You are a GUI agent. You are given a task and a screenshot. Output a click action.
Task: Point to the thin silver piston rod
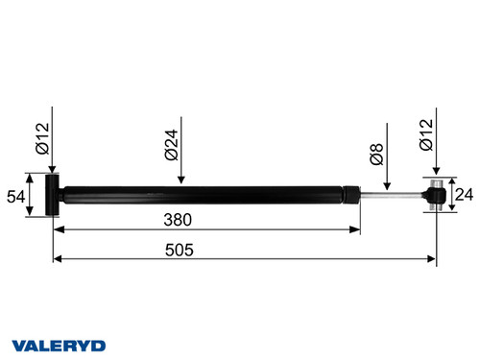(394, 196)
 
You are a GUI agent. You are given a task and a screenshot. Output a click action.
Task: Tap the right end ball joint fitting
(436, 196)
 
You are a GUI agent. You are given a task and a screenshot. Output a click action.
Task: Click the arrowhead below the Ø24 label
(182, 179)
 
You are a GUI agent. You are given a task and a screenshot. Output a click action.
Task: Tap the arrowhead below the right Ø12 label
(437, 174)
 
